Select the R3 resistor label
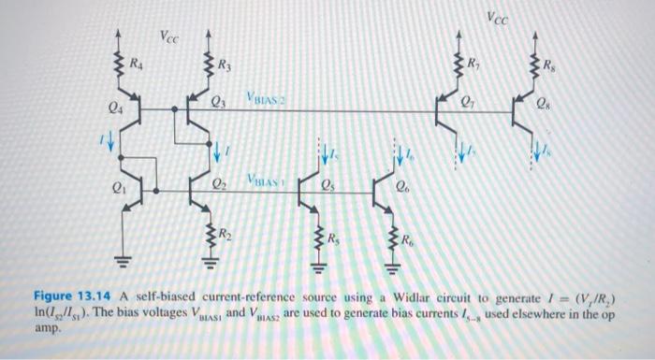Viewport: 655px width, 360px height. (225, 65)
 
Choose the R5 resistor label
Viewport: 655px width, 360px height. (333, 236)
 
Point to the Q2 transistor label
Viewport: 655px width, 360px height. (218, 180)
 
